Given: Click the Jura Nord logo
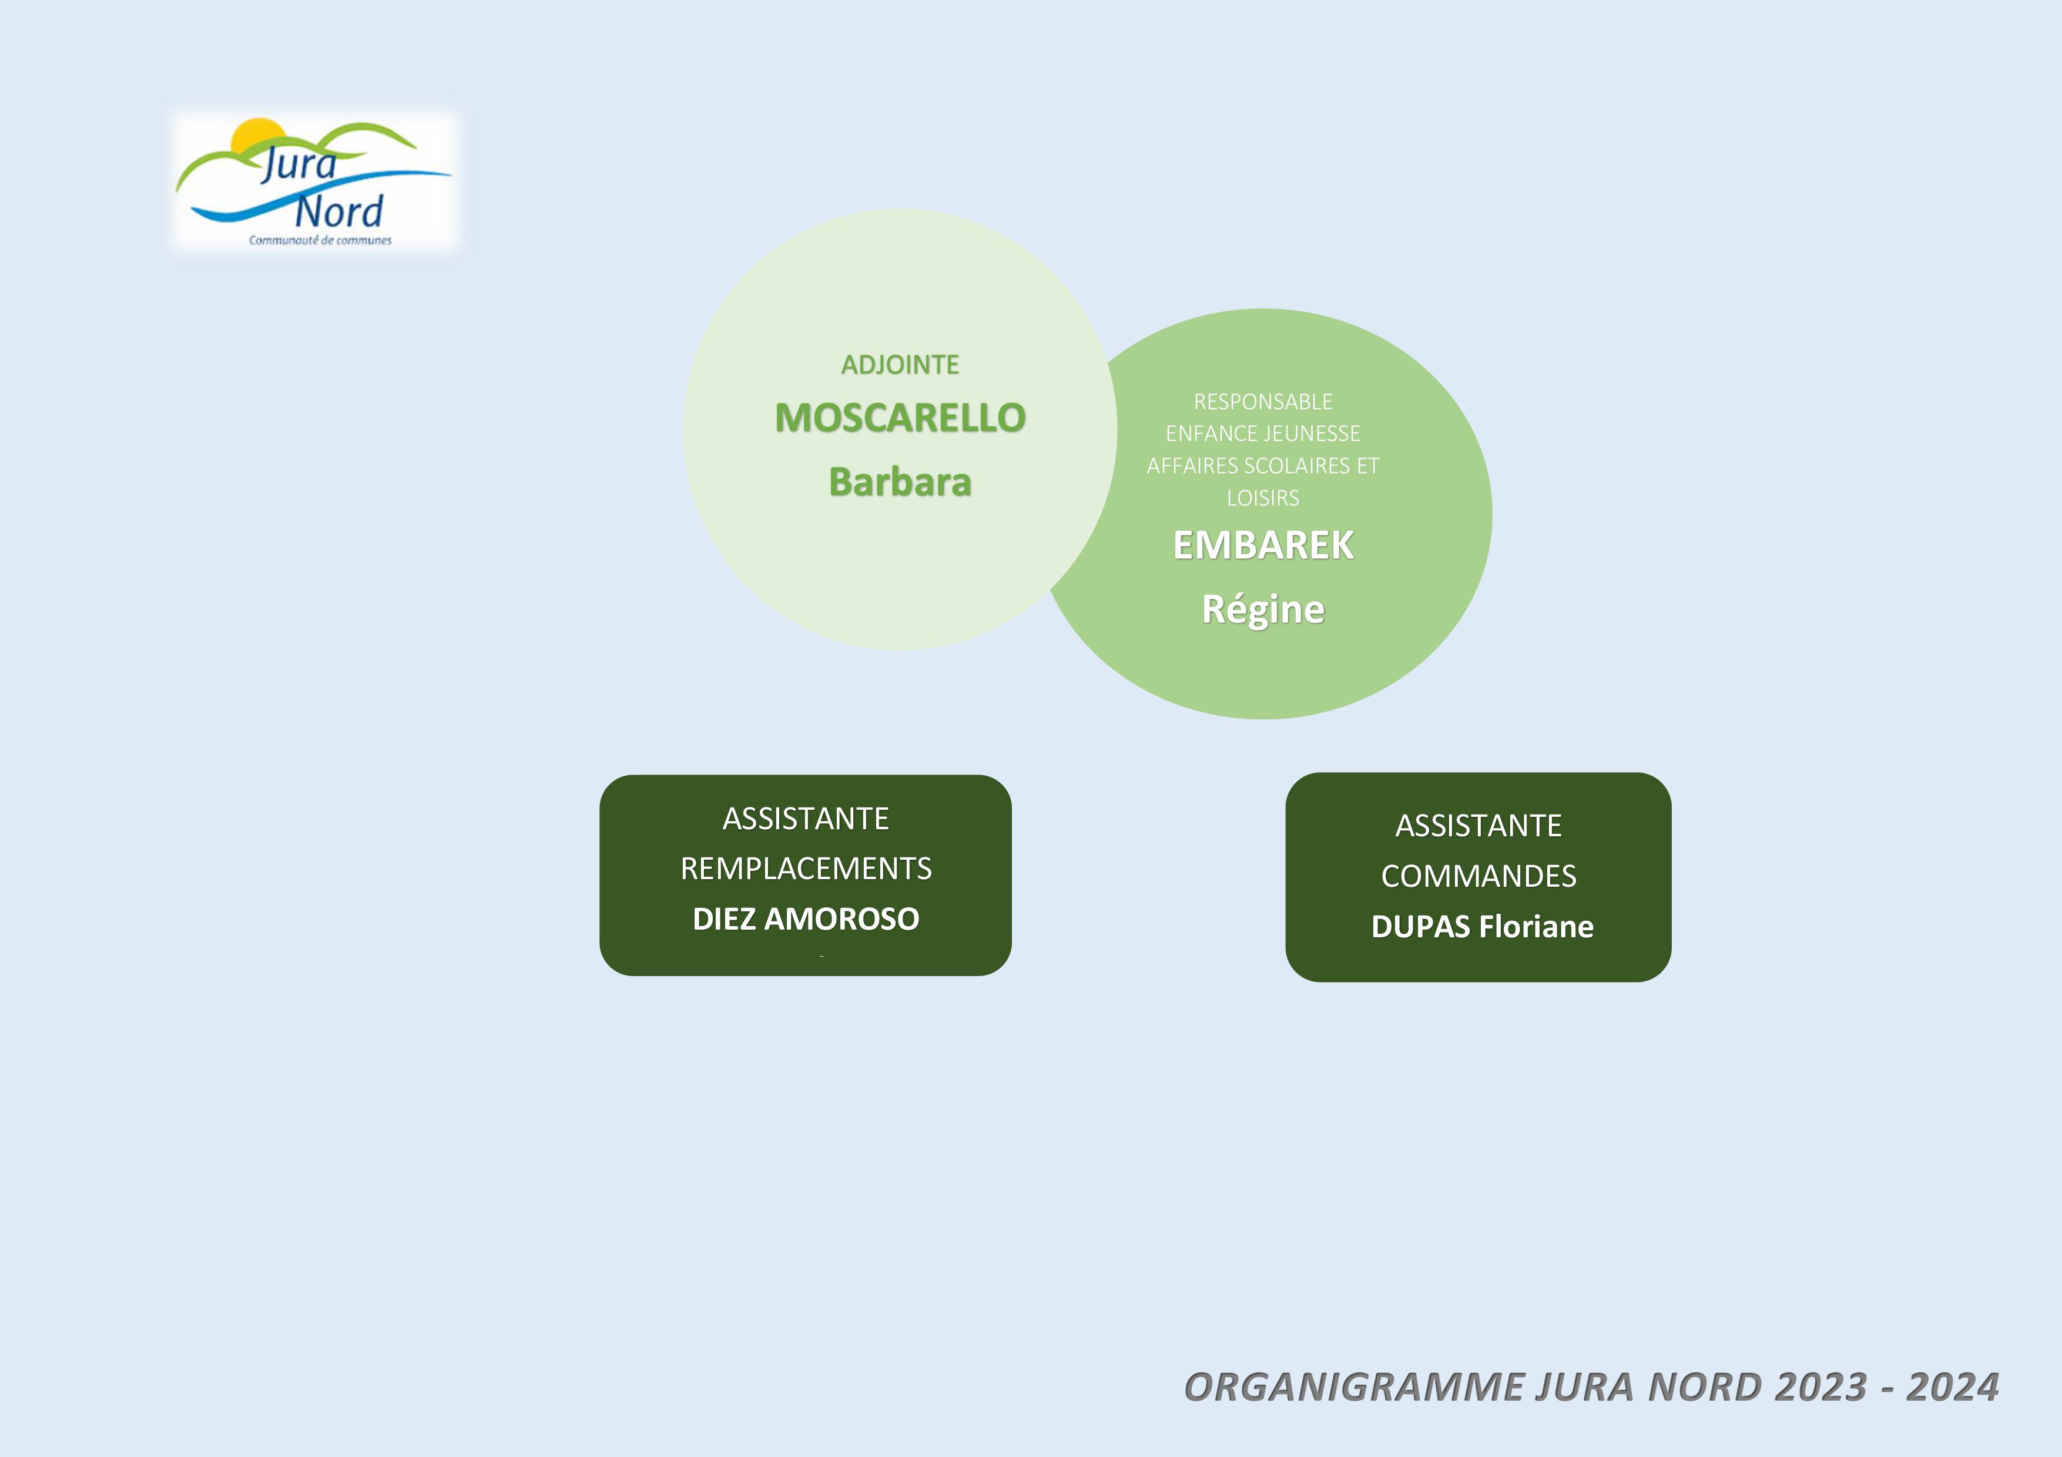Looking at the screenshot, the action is (314, 182).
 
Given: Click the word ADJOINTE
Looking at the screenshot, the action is (900, 365).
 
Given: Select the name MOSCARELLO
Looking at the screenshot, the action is (900, 418).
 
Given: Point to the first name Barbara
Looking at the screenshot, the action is (900, 482).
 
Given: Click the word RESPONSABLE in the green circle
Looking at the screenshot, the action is (1263, 401).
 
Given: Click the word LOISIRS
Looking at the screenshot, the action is (1263, 498).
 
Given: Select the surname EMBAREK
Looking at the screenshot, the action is (1263, 545).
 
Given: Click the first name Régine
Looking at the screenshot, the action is (1263, 610).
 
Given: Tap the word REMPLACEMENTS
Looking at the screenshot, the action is (806, 869).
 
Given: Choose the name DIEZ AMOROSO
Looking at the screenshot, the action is (806, 919).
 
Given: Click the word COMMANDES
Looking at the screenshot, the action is (1478, 876).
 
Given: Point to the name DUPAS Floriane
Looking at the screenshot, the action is (1482, 927).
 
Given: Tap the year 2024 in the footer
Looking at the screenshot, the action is (1953, 1387).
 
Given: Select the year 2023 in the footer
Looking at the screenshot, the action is (1820, 1387).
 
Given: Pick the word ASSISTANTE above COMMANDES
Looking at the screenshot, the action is (1478, 826).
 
